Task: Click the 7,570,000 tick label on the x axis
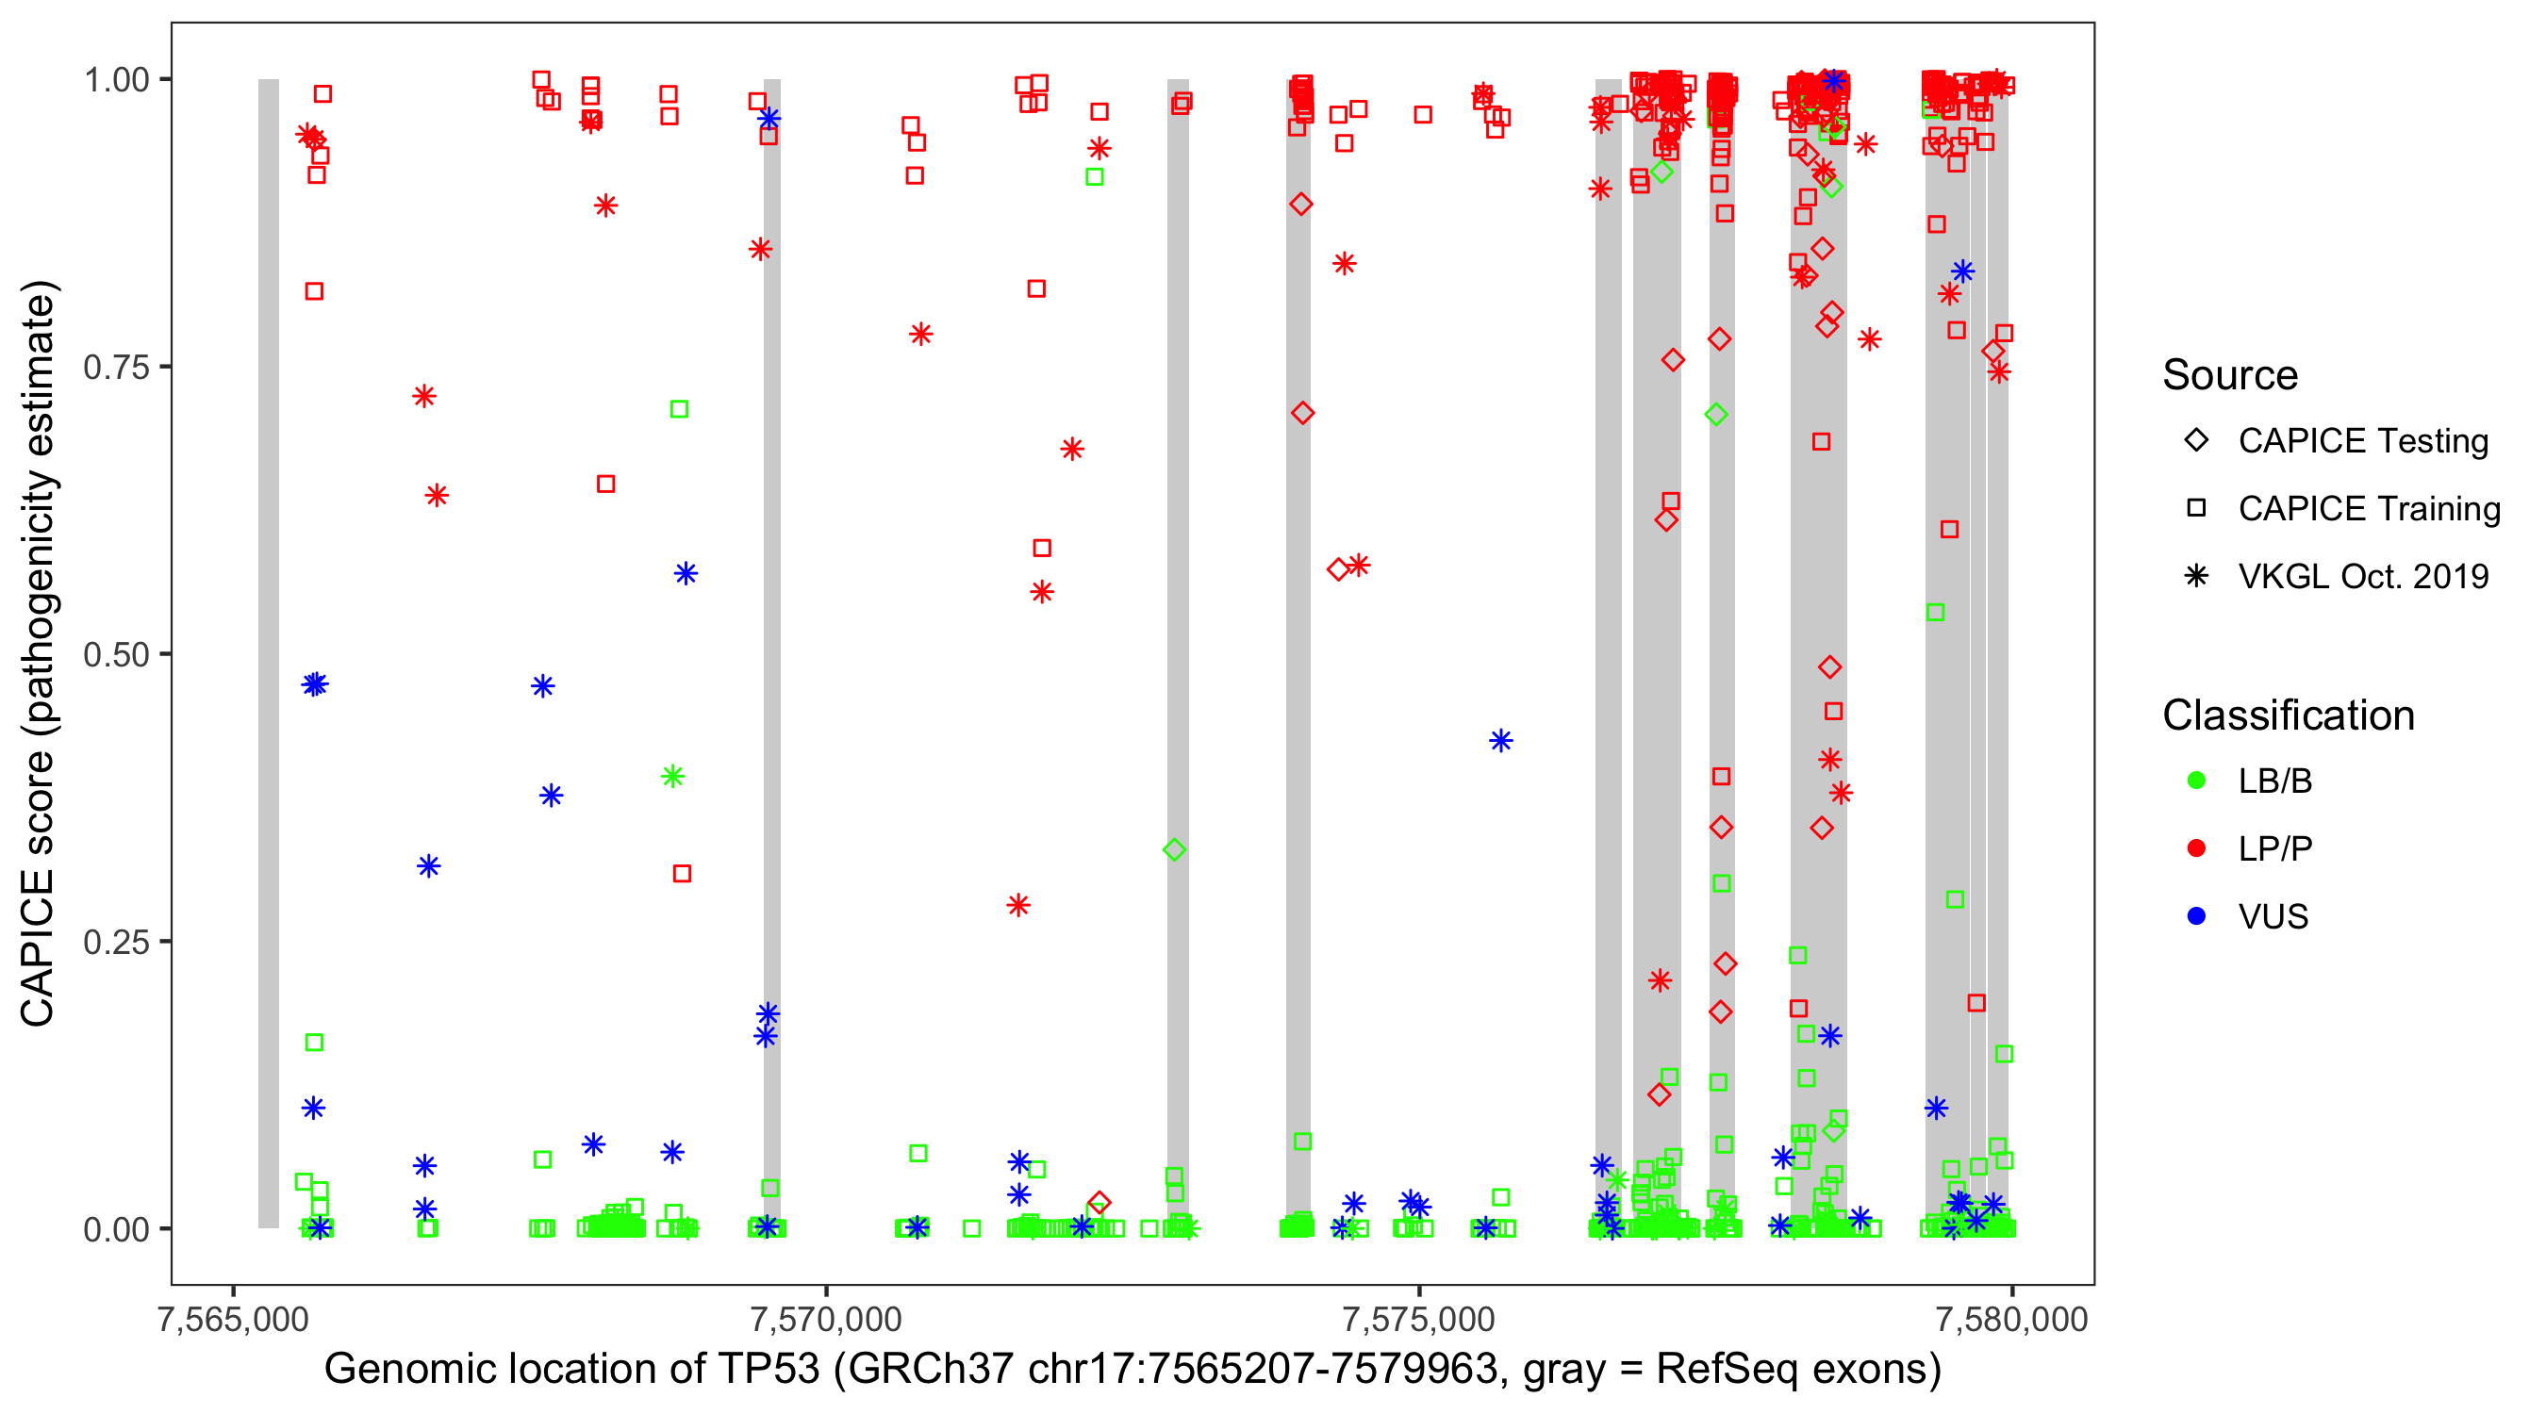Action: [825, 1319]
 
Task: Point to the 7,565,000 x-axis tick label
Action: [233, 1319]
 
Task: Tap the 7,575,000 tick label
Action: [1418, 1319]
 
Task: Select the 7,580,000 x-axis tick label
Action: [2011, 1319]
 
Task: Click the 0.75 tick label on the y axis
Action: [116, 368]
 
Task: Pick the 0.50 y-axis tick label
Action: [116, 654]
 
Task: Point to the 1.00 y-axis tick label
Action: [116, 80]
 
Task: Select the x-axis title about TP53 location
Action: [1132, 1370]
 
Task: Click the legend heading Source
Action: [2230, 375]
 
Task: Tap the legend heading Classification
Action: [2288, 715]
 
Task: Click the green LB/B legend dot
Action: [2196, 781]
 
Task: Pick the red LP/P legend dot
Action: [2196, 848]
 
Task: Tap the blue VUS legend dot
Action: [2196, 917]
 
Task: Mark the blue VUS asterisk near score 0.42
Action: [1500, 741]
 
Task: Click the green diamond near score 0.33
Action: [1174, 849]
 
